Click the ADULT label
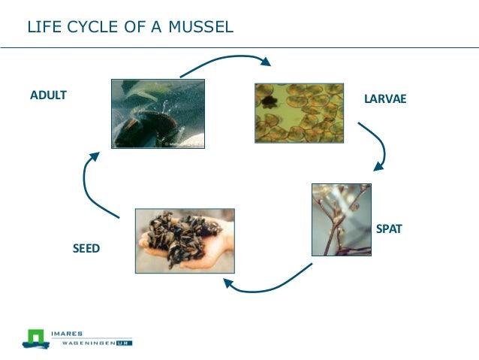coord(48,95)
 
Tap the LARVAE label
coord(384,98)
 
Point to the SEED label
coord(86,248)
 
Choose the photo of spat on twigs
coord(341,219)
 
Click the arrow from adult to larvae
coord(225,65)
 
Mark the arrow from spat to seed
coord(270,282)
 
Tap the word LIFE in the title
coord(42,28)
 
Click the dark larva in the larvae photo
coord(267,101)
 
